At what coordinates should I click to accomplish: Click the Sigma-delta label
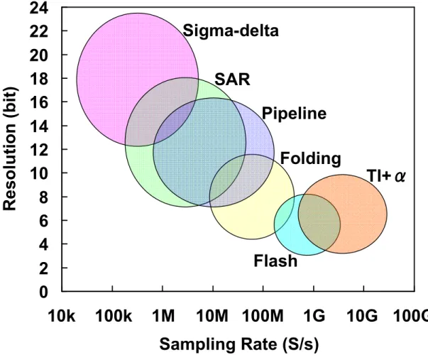point(231,31)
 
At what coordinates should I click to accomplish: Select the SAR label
point(232,80)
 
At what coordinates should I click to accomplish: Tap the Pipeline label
point(294,114)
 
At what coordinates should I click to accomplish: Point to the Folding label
point(311,158)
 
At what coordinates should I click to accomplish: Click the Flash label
point(275,261)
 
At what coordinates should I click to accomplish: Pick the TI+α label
point(386,175)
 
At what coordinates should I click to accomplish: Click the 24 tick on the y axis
point(39,8)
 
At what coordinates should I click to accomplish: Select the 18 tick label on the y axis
point(39,79)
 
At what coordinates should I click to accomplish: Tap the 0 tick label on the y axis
point(44,292)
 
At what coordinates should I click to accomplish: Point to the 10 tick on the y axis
point(39,173)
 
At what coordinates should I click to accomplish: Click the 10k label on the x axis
point(62,316)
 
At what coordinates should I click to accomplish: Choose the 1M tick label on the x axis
point(163,316)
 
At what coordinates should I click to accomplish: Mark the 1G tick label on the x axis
point(314,316)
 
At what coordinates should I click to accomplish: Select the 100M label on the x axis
point(263,316)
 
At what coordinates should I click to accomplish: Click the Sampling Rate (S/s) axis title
point(238,344)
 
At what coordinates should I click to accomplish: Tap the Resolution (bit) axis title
point(10,149)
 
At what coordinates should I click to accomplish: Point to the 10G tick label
point(363,316)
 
